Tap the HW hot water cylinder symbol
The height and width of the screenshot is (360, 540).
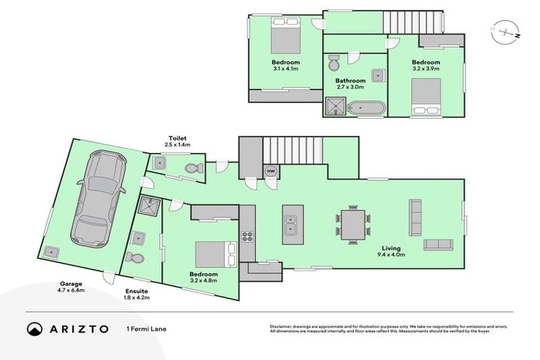[270, 170]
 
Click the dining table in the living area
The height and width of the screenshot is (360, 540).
[352, 224]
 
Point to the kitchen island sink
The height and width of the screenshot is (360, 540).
[292, 224]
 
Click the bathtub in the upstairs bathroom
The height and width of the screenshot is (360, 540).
[368, 108]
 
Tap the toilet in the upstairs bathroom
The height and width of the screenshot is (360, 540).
[334, 63]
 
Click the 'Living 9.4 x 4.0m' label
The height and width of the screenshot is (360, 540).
[392, 251]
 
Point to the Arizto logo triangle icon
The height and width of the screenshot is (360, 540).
[34, 328]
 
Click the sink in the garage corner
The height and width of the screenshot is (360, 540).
[51, 252]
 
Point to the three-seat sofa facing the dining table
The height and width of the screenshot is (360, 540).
[415, 217]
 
